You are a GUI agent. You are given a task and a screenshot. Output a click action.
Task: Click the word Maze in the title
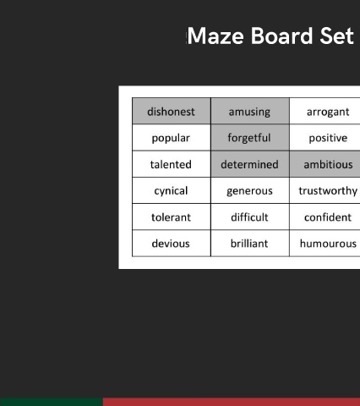[x=215, y=36]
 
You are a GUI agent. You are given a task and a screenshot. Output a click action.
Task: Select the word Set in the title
[x=337, y=36]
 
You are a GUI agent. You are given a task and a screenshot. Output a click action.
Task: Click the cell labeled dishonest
[x=172, y=111]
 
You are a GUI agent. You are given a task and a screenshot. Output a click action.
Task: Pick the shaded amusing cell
[x=250, y=111]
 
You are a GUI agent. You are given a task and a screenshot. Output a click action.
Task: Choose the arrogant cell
[x=325, y=111]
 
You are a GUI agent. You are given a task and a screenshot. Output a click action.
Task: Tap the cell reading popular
[x=172, y=138]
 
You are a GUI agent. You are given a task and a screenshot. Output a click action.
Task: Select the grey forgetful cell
[x=250, y=138]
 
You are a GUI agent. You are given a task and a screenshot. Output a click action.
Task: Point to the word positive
[x=328, y=138]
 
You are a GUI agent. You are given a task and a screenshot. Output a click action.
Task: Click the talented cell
[x=172, y=164]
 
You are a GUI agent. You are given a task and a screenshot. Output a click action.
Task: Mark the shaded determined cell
[x=250, y=164]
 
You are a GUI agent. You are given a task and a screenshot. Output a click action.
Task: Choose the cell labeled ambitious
[x=325, y=164]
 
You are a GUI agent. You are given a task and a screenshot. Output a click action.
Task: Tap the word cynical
[x=171, y=191]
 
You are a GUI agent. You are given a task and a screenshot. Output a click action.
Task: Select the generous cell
[x=250, y=190]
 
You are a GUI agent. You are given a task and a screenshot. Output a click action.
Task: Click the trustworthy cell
[x=325, y=190]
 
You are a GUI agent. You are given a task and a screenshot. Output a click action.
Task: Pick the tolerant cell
[x=172, y=217]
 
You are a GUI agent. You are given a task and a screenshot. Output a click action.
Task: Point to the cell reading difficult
[x=250, y=217]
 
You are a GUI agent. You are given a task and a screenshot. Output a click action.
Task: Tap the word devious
[x=171, y=244]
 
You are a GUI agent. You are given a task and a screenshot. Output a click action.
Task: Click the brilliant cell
[x=250, y=244]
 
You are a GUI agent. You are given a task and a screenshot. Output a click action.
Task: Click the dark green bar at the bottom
[x=52, y=402]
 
